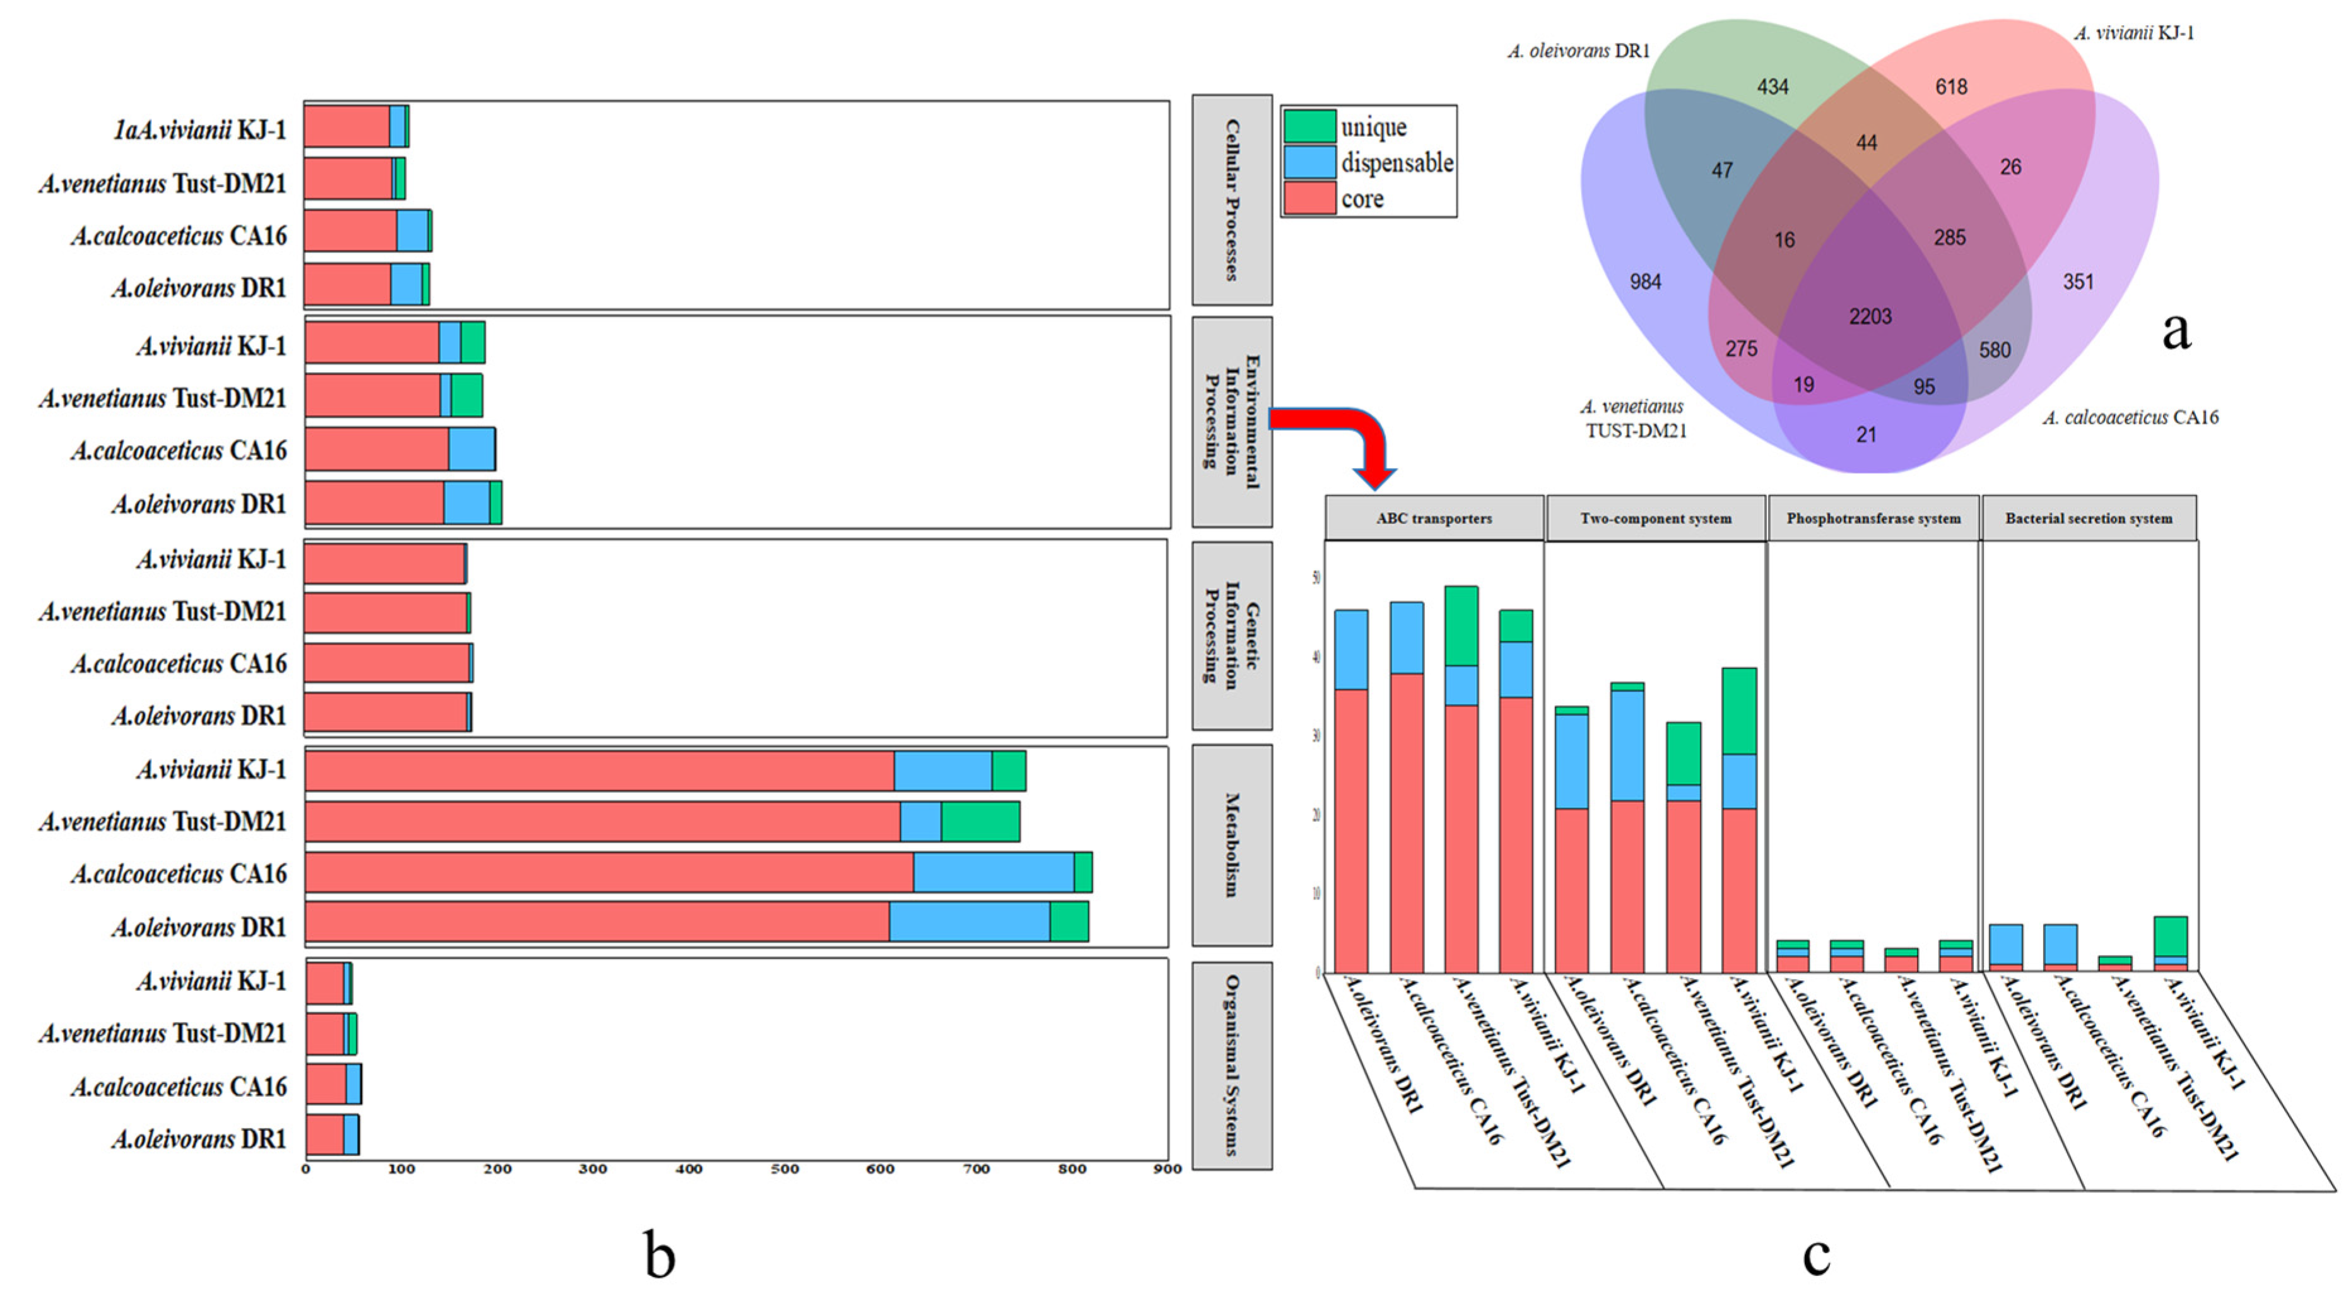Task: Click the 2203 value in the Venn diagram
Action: click(1870, 317)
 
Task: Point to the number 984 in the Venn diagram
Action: click(1646, 282)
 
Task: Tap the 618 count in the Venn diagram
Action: click(1951, 86)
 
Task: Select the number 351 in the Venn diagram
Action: click(2078, 282)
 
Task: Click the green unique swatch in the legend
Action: click(1310, 126)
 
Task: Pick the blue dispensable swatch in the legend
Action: click(1310, 163)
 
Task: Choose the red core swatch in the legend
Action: click(1310, 198)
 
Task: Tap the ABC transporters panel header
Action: click(1434, 518)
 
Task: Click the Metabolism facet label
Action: click(1231, 845)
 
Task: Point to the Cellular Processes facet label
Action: click(1231, 200)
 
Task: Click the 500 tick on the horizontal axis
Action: click(784, 1169)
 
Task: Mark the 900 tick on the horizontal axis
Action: click(1167, 1169)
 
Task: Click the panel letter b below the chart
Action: click(659, 1254)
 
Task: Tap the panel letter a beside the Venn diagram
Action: click(2176, 329)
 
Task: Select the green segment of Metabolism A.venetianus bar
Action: click(980, 821)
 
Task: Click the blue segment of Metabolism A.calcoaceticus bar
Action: click(993, 873)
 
